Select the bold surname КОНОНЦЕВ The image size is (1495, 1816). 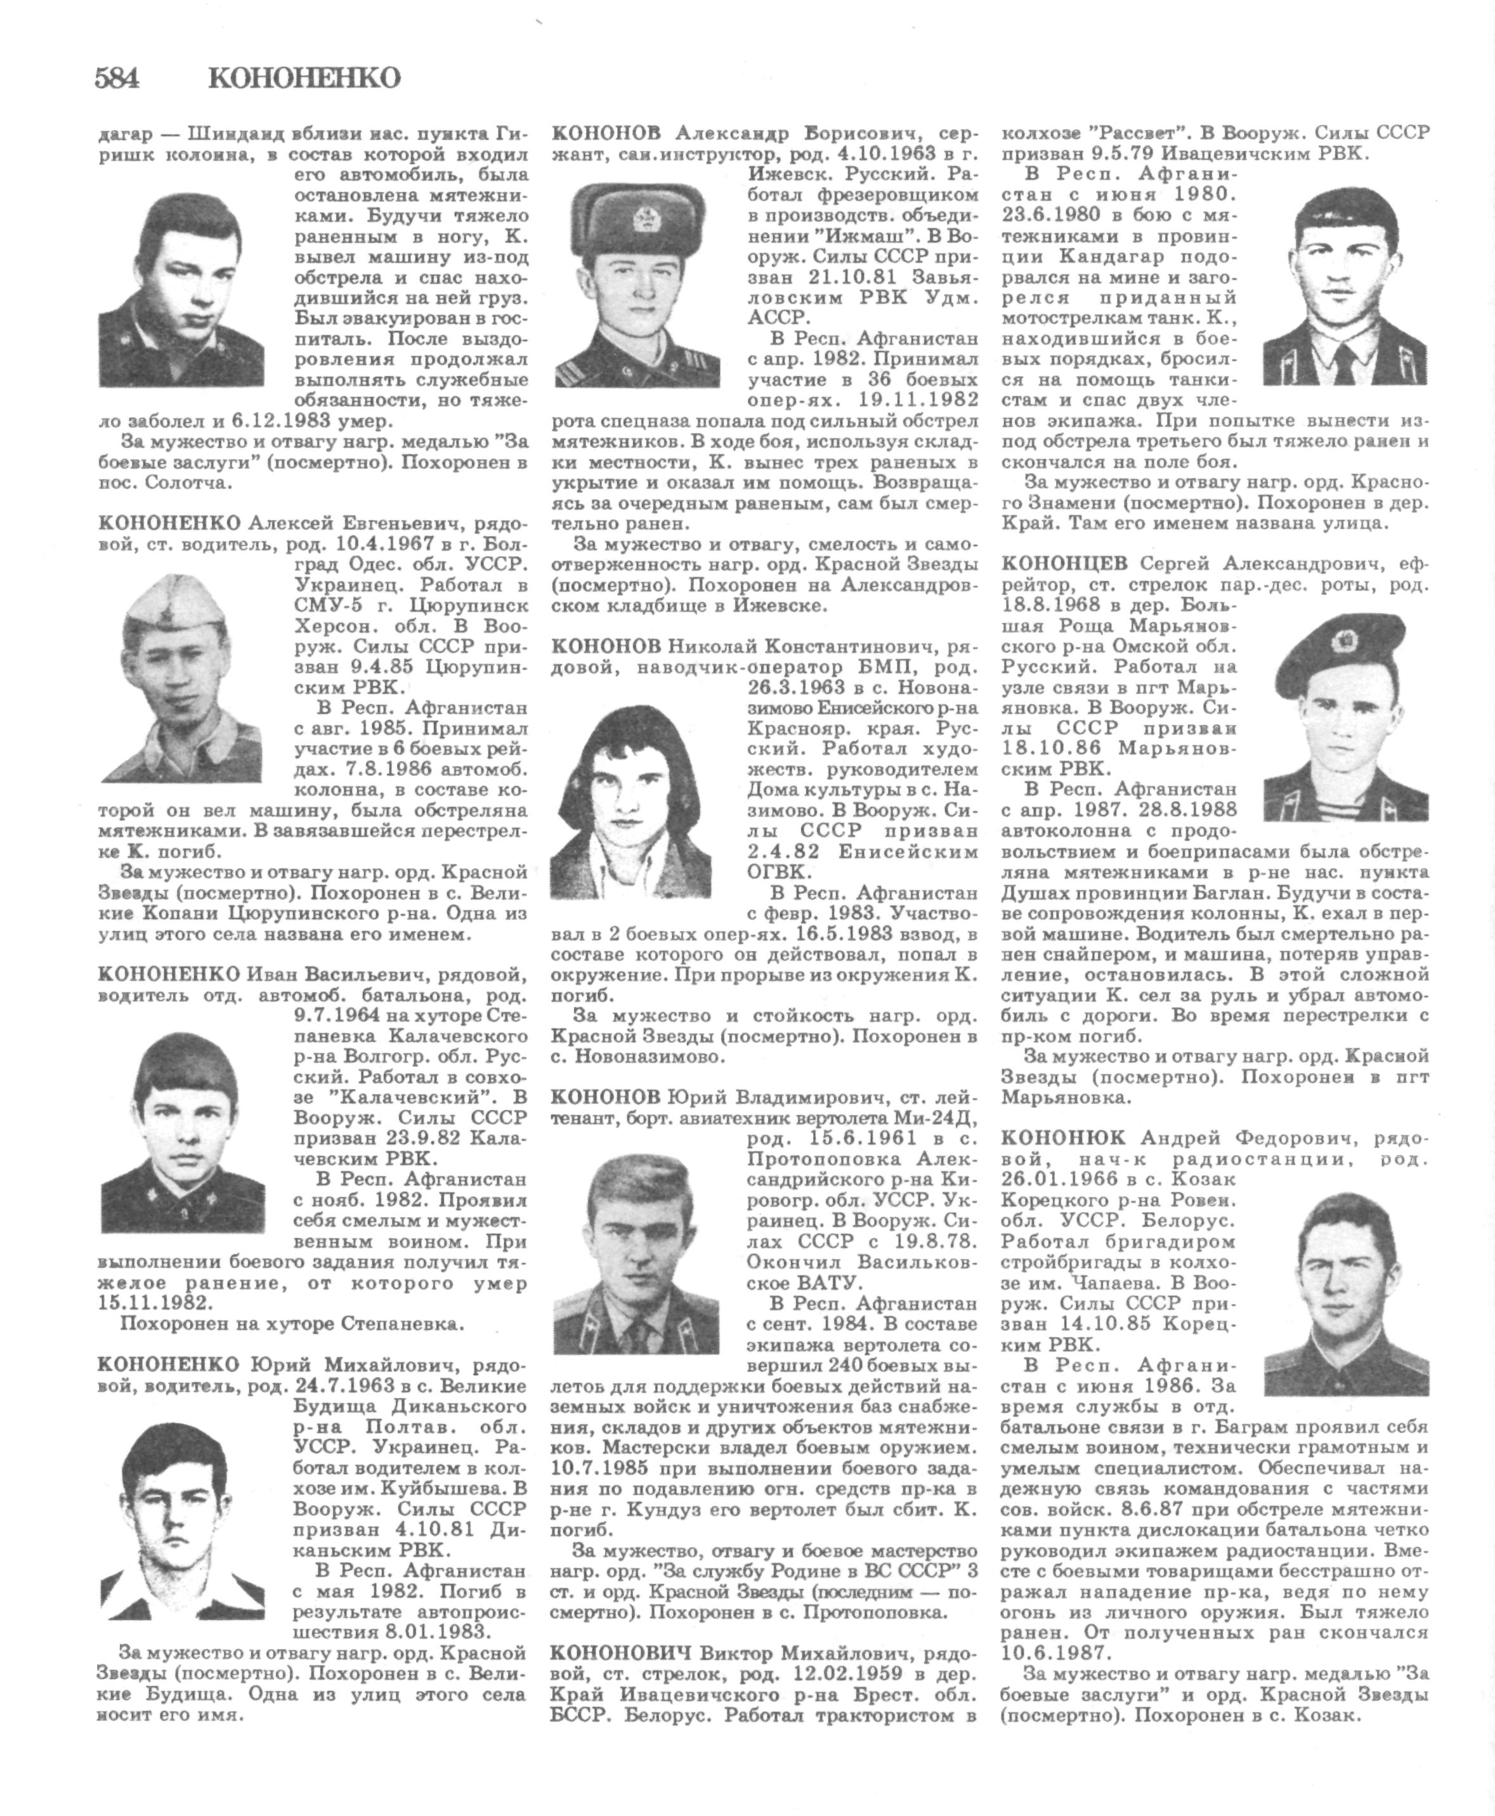(1064, 564)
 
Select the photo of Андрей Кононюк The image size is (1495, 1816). (1346, 1291)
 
